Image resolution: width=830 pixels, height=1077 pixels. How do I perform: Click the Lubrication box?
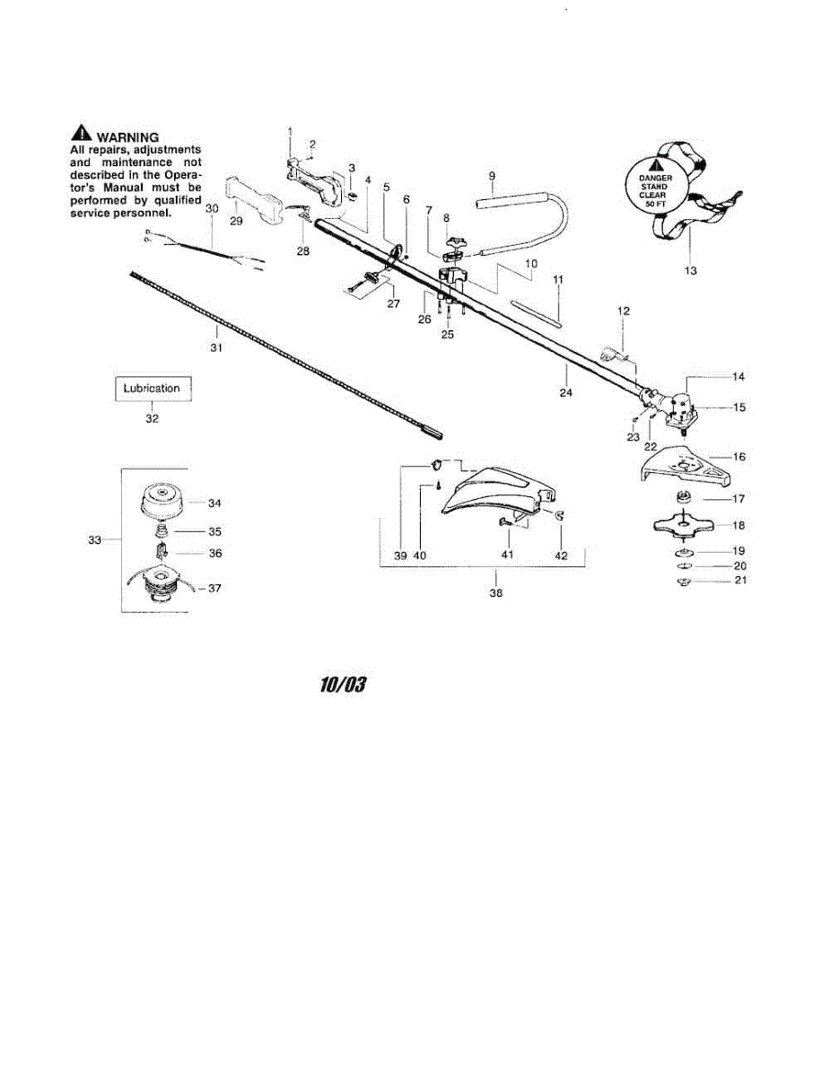point(152,389)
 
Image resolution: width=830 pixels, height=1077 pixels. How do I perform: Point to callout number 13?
point(690,269)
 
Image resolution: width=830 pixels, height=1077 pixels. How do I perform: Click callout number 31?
point(216,347)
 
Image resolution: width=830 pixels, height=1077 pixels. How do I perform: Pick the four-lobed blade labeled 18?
point(686,525)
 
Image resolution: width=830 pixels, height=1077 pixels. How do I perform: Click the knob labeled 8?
point(446,241)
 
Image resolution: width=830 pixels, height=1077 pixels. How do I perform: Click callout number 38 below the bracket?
point(496,593)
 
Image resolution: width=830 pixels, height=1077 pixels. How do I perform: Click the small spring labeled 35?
point(162,530)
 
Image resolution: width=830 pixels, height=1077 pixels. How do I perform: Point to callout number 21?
point(739,580)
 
